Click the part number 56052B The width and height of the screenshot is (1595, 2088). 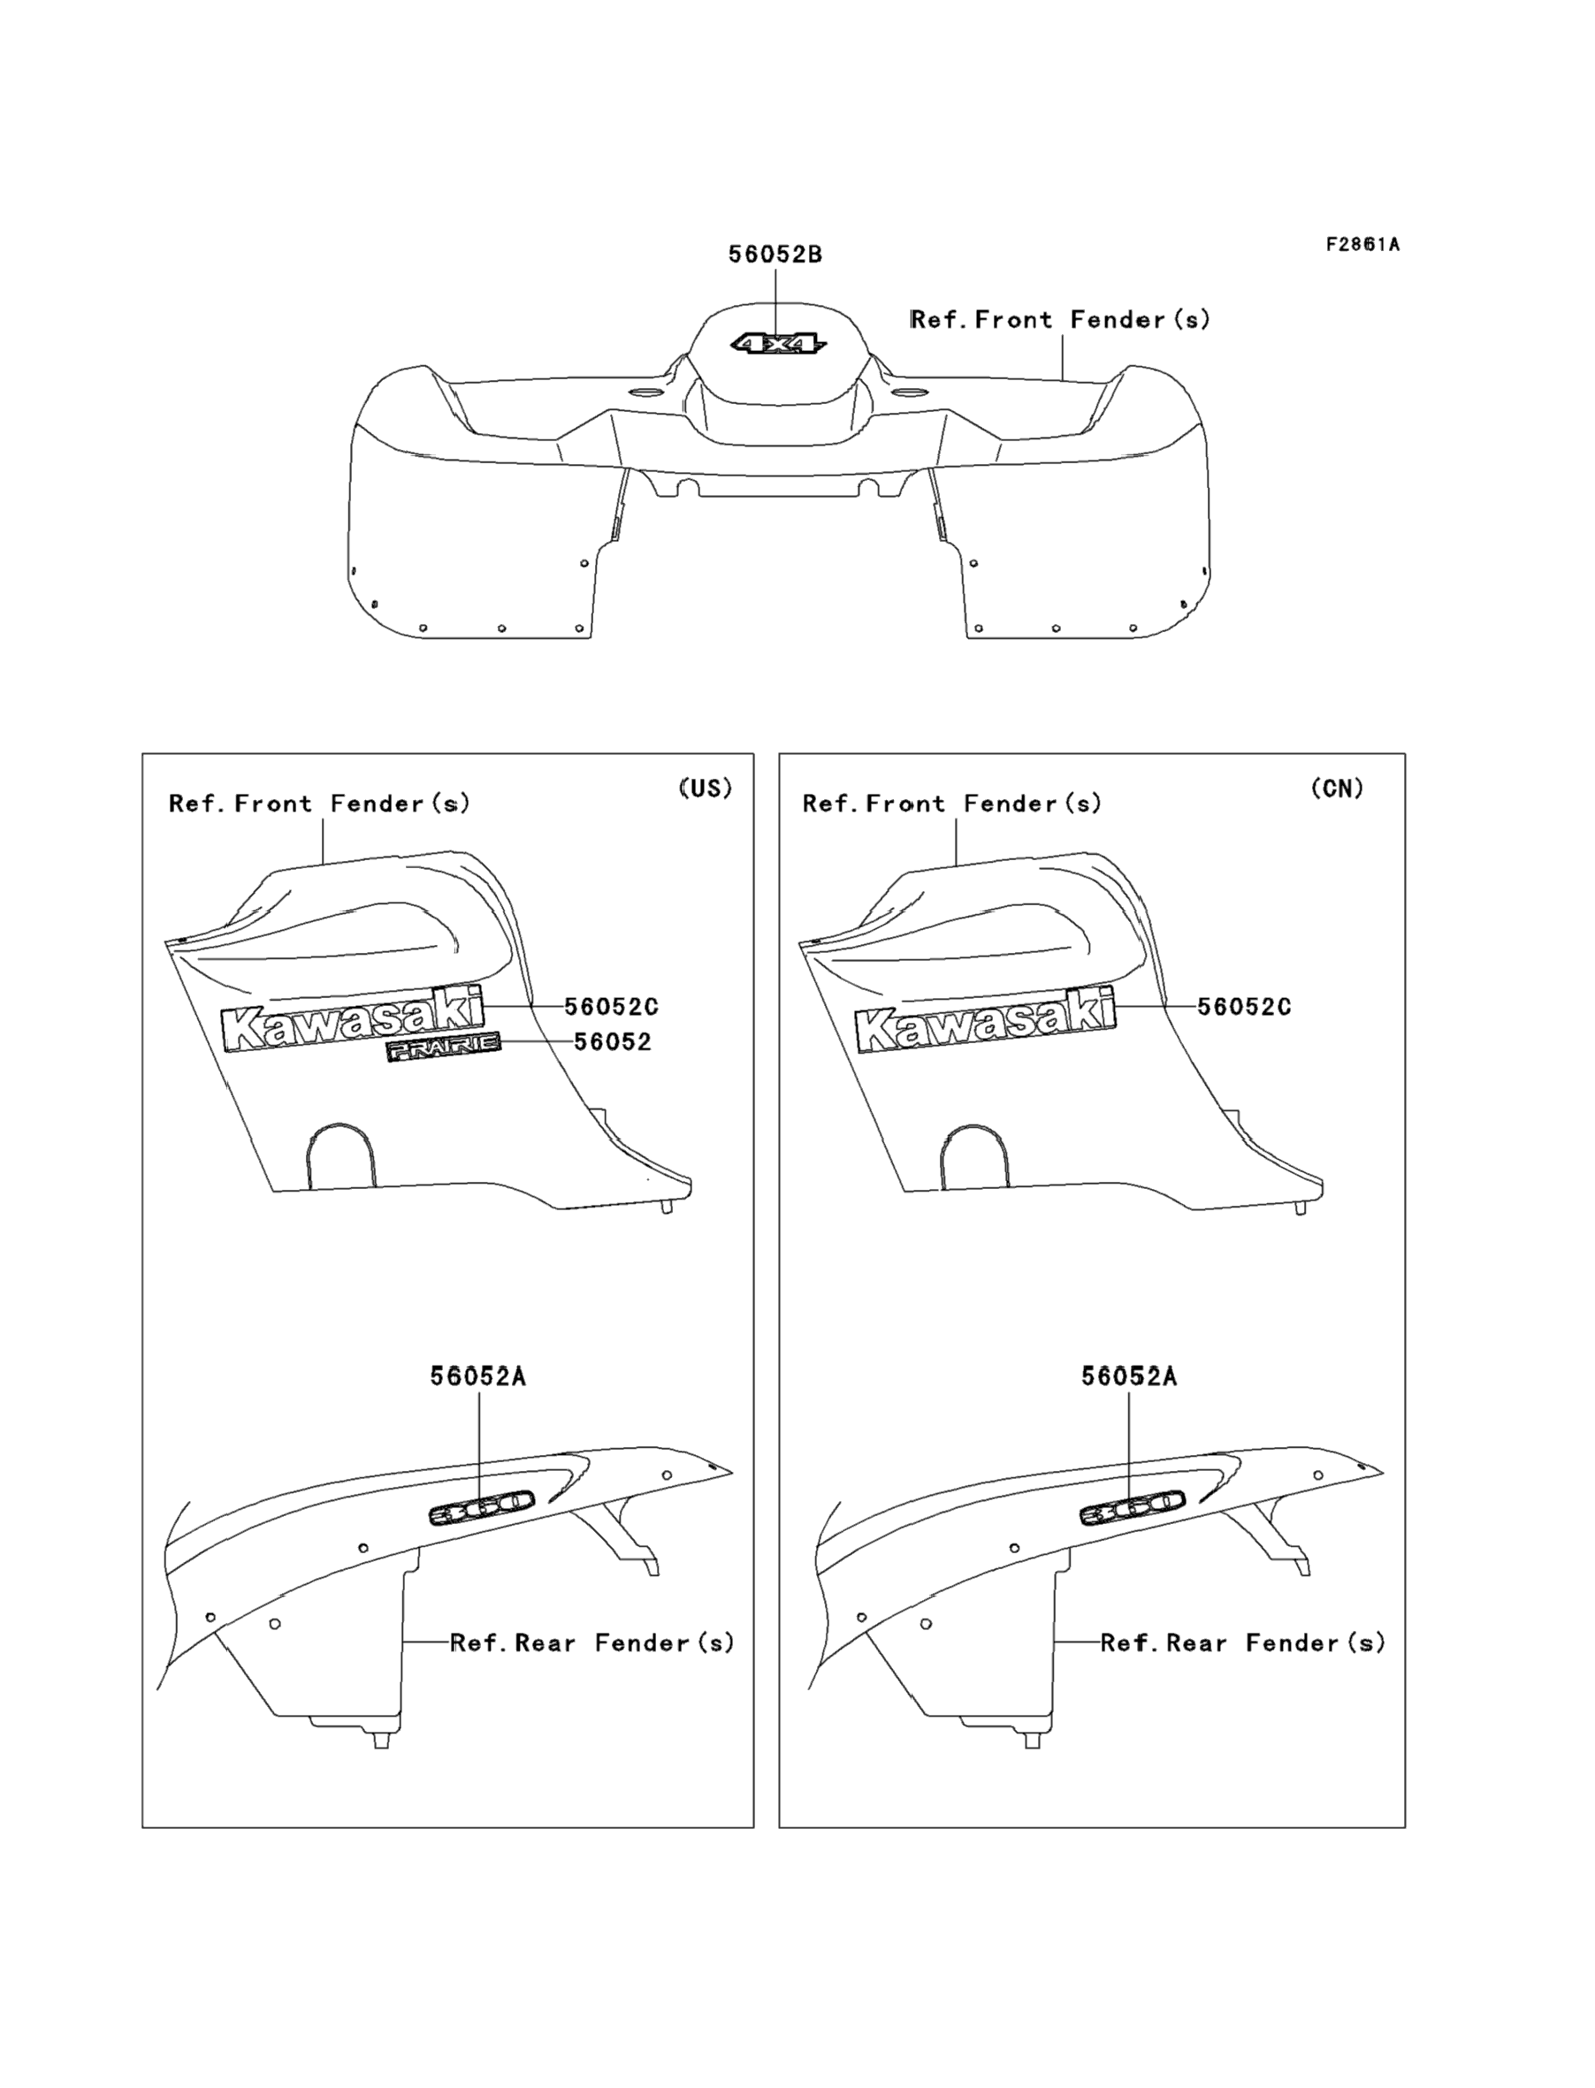[x=775, y=255]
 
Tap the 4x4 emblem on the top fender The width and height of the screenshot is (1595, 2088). [x=777, y=343]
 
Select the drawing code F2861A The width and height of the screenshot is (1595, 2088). [x=1362, y=245]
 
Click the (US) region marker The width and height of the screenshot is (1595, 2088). [x=706, y=789]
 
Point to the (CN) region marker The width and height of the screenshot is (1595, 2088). [x=1337, y=789]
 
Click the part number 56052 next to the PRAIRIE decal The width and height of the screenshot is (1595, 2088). [x=613, y=1042]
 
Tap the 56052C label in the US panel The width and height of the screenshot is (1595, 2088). [x=612, y=1007]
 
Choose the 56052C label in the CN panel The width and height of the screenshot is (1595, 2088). [x=1244, y=1007]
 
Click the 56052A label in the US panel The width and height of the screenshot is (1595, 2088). [x=477, y=1377]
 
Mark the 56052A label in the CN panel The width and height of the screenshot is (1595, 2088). [x=1129, y=1377]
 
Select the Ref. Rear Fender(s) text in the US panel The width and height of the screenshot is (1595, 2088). [x=592, y=1642]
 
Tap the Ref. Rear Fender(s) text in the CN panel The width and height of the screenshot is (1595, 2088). [x=1243, y=1642]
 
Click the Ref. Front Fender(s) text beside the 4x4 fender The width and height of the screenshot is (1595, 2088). [x=1060, y=320]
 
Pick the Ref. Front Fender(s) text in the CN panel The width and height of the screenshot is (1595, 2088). [x=952, y=804]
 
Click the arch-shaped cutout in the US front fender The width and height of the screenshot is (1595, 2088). [x=340, y=1156]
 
